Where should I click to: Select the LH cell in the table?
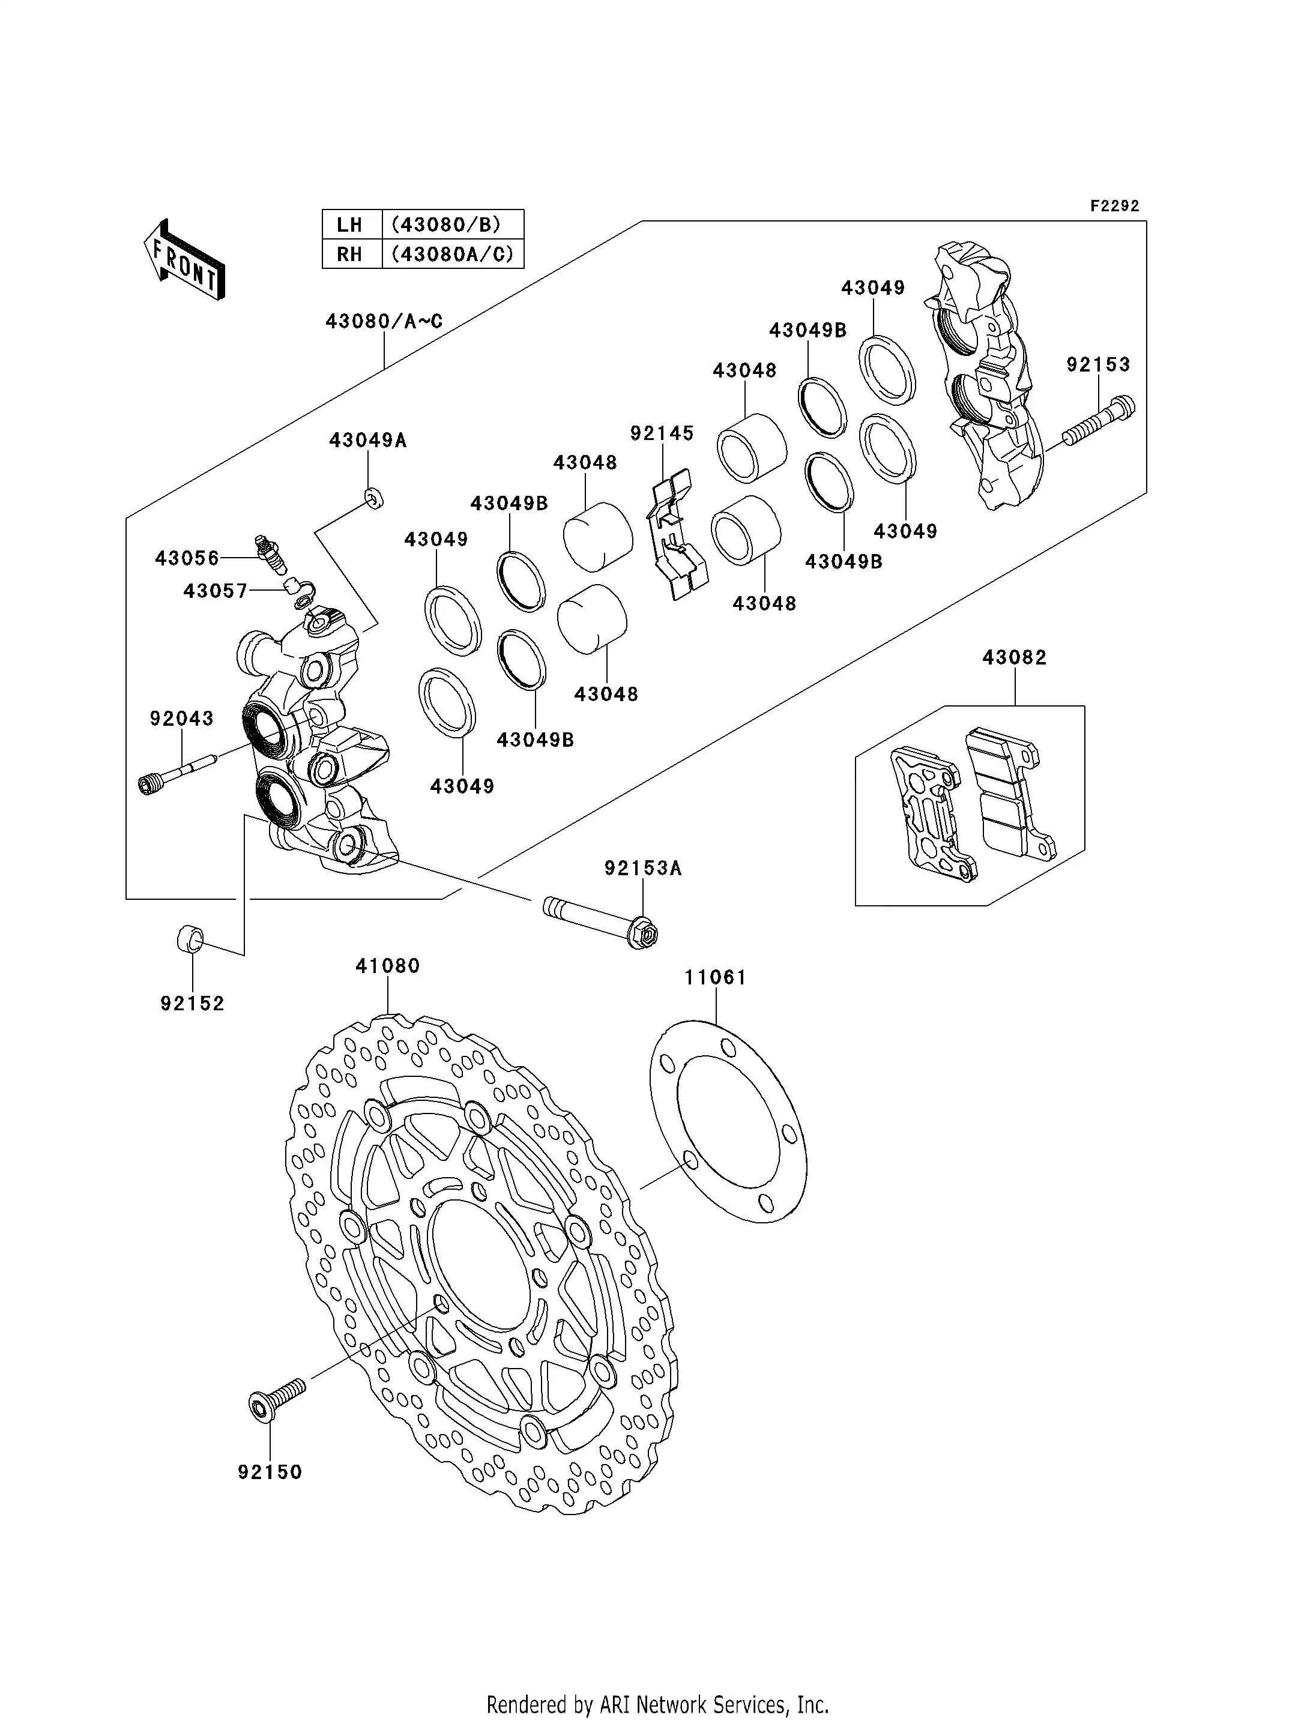point(349,225)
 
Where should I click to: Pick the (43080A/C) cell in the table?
point(452,254)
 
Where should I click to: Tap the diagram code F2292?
point(1115,206)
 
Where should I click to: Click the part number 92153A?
point(642,868)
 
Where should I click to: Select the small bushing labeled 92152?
point(190,938)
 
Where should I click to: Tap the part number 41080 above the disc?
point(388,966)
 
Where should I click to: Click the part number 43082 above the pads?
point(1015,657)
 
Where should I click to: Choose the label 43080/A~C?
point(384,321)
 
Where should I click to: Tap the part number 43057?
point(216,591)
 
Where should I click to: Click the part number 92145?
point(662,433)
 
